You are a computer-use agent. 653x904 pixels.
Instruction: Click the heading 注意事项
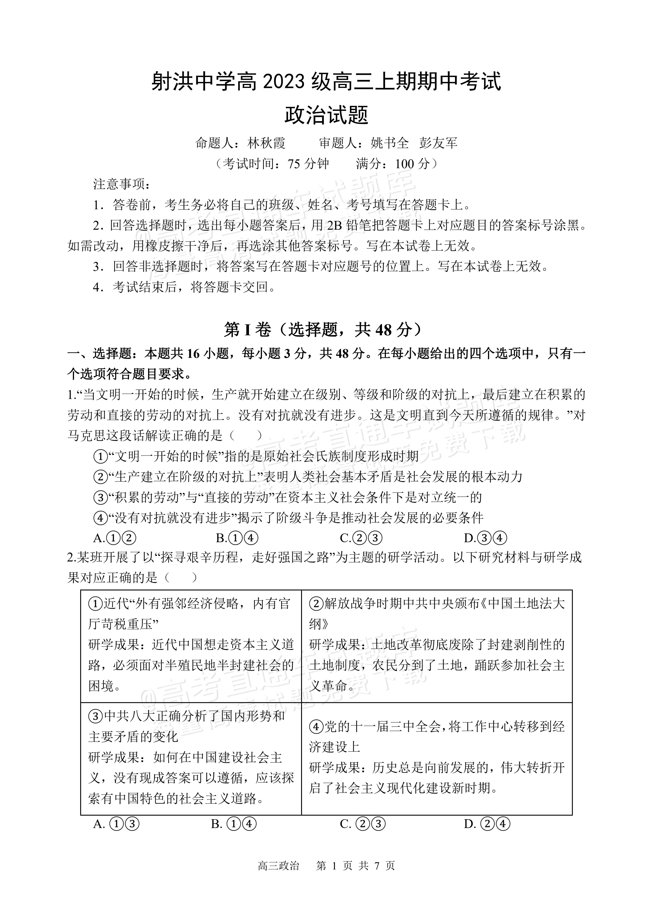point(122,185)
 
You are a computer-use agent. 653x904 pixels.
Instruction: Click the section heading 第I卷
point(247,329)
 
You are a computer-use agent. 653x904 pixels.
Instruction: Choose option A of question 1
point(115,538)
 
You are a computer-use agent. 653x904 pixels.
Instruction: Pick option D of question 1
point(485,538)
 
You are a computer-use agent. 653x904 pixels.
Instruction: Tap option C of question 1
point(361,538)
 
